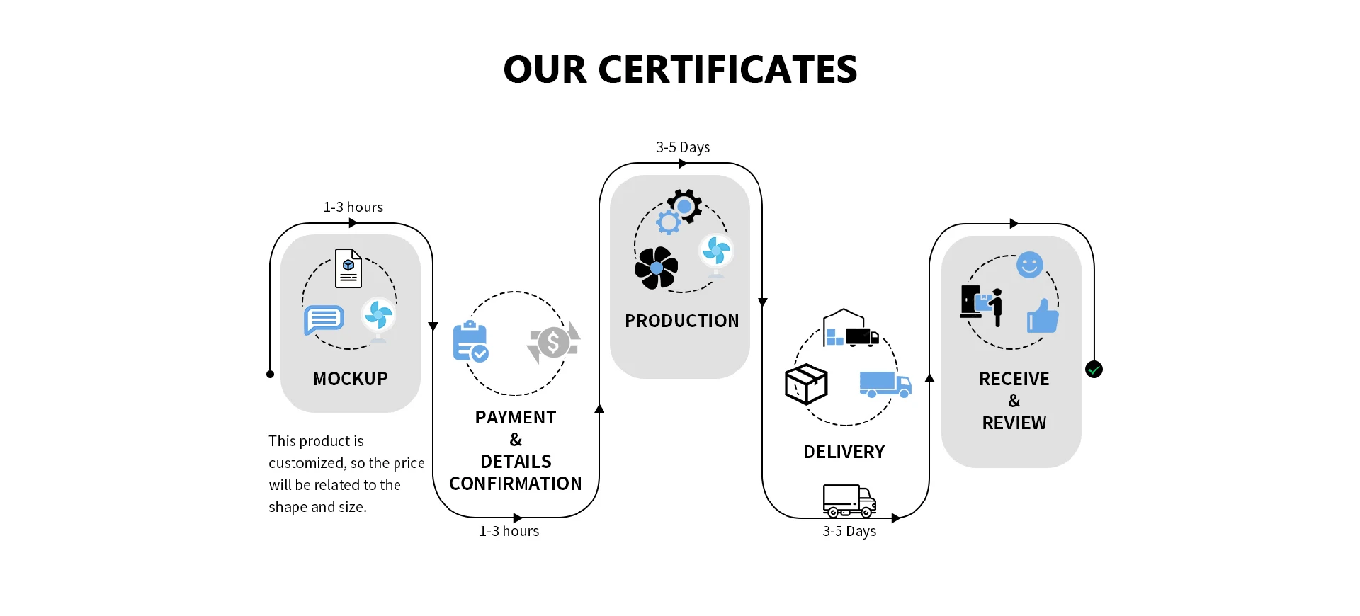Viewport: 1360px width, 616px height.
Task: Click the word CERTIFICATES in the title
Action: [727, 69]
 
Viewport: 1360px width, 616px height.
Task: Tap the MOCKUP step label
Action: [351, 379]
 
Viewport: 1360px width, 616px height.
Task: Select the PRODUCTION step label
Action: [681, 321]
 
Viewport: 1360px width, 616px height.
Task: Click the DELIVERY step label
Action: [844, 452]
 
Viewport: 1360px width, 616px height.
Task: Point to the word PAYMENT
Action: [516, 418]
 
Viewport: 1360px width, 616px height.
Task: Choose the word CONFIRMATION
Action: [516, 484]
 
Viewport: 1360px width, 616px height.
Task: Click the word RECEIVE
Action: [1014, 379]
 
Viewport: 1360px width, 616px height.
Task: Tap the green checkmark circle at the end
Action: [1094, 369]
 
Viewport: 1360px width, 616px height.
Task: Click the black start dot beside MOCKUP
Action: [270, 374]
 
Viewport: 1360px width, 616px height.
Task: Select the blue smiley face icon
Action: [1029, 265]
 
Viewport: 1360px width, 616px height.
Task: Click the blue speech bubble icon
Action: [324, 319]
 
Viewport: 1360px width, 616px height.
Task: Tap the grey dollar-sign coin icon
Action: [553, 343]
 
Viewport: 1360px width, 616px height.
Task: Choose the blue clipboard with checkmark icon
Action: [470, 341]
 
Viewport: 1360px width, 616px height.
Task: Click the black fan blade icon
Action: [656, 268]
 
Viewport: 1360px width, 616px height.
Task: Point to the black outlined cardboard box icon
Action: [806, 384]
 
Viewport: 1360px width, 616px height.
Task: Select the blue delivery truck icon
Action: [885, 384]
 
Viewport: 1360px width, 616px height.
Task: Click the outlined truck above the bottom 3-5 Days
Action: [849, 501]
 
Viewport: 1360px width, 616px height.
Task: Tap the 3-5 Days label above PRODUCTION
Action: [683, 147]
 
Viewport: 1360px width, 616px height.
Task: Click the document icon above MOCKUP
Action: [348, 268]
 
